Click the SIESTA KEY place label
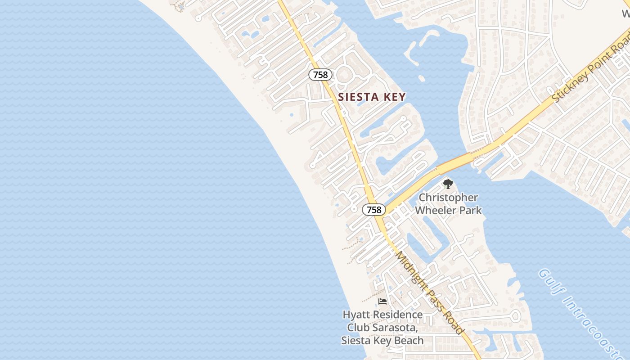pos(372,97)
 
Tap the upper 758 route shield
pos(320,75)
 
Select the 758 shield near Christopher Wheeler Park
pos(373,210)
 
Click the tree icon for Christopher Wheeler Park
pos(448,184)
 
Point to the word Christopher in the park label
pos(448,198)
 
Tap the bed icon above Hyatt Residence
pos(382,301)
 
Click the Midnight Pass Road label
pos(430,292)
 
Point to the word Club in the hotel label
pos(358,327)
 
